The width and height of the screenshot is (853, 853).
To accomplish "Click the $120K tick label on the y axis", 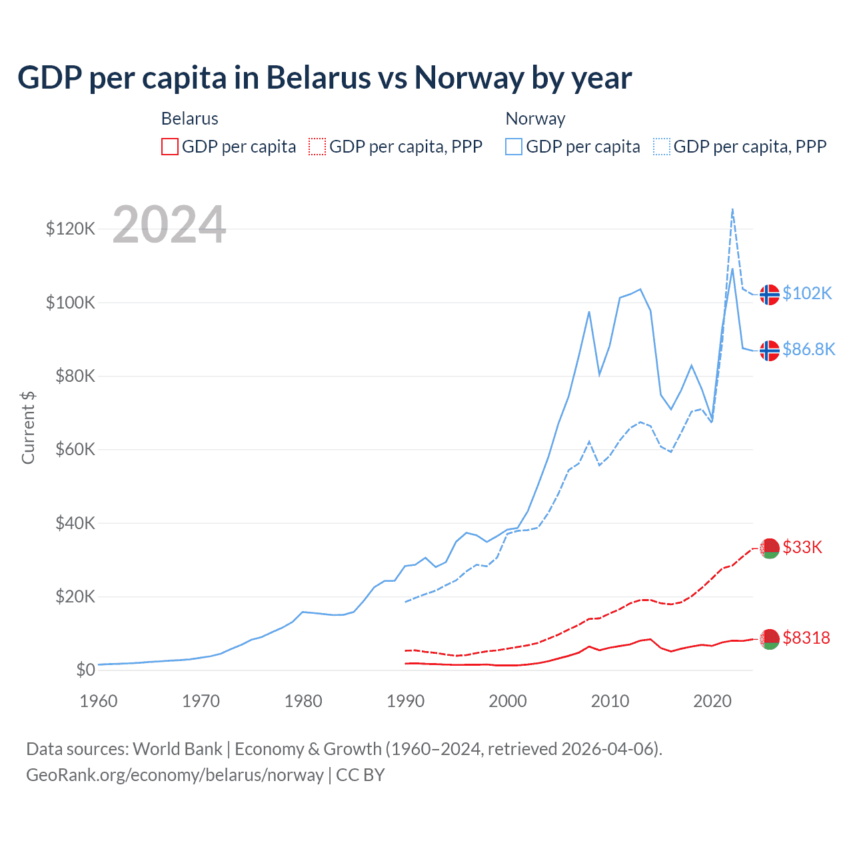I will (x=71, y=229).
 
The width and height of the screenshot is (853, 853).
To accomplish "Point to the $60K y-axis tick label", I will (x=75, y=450).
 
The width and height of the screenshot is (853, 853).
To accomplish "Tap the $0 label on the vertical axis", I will (x=85, y=670).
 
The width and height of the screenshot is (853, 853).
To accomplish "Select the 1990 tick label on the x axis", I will (x=405, y=701).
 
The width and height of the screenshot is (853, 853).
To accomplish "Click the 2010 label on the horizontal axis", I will (x=610, y=701).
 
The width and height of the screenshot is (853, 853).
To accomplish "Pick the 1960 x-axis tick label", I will (x=99, y=701).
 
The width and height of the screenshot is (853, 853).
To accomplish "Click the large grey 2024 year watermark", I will (x=169, y=225).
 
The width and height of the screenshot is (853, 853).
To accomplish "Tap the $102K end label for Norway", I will (x=807, y=293).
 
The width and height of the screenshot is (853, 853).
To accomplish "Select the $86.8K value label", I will (x=808, y=349).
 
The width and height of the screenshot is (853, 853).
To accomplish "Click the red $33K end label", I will (x=802, y=547).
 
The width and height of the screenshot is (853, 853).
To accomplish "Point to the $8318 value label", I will (x=806, y=638).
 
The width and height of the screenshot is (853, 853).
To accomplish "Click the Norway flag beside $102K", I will (x=770, y=294).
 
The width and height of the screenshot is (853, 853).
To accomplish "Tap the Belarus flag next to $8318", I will (x=770, y=638).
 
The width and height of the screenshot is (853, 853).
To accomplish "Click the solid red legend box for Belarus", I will (x=170, y=147).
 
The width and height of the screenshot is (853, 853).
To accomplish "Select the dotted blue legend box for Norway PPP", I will (x=662, y=147).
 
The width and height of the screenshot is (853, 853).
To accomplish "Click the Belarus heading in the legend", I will (x=190, y=119).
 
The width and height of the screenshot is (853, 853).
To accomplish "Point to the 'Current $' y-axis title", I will (x=28, y=427).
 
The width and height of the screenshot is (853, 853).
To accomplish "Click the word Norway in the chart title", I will (x=469, y=78).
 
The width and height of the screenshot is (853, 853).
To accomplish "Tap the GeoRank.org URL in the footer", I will (x=175, y=775).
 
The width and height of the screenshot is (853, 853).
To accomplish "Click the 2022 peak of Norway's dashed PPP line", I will (x=732, y=209).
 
